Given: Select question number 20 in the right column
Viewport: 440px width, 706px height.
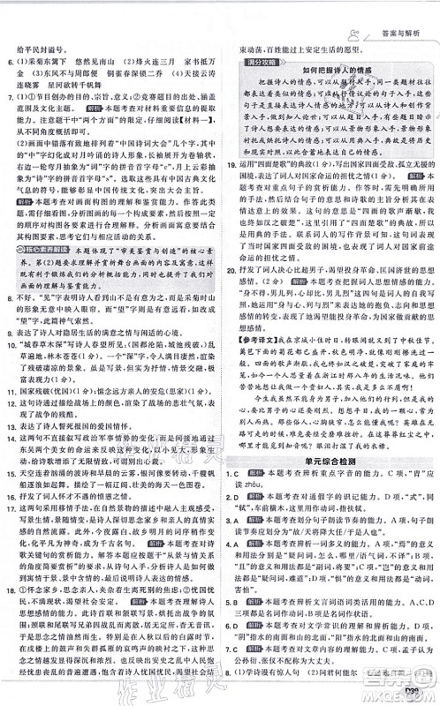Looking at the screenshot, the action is pos(232,291).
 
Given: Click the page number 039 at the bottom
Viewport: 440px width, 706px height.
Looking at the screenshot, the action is pos(415,692).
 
